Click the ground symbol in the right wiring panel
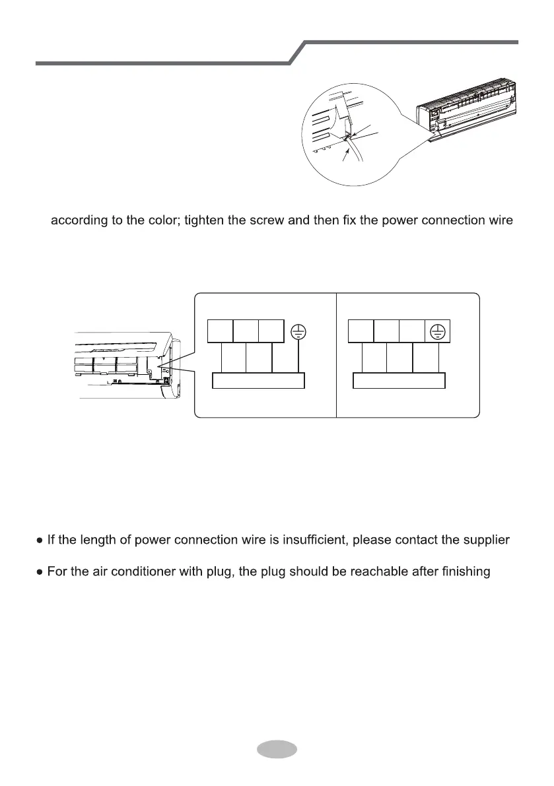(x=438, y=331)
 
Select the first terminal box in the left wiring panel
(x=221, y=331)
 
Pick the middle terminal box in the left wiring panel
(x=246, y=331)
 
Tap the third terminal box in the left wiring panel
(x=271, y=331)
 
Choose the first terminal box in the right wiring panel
(x=361, y=331)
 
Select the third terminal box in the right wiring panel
(x=412, y=331)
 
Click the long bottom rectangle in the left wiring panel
(x=259, y=381)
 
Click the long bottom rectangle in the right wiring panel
(x=399, y=381)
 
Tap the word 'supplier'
(x=484, y=540)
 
